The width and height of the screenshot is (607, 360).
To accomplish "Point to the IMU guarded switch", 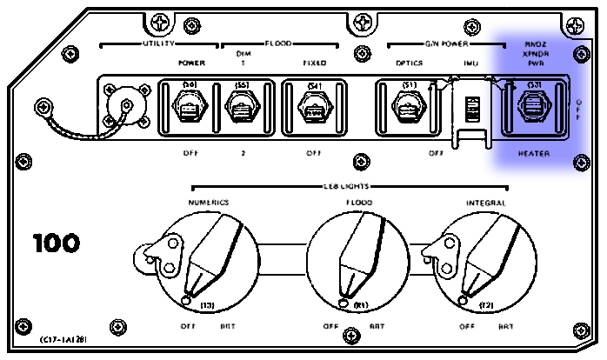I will coord(472,110).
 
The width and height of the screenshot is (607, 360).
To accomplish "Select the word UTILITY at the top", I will coord(154,42).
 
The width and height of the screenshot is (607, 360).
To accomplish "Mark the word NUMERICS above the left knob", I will coord(209,202).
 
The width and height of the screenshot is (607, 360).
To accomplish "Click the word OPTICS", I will coord(409,63).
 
